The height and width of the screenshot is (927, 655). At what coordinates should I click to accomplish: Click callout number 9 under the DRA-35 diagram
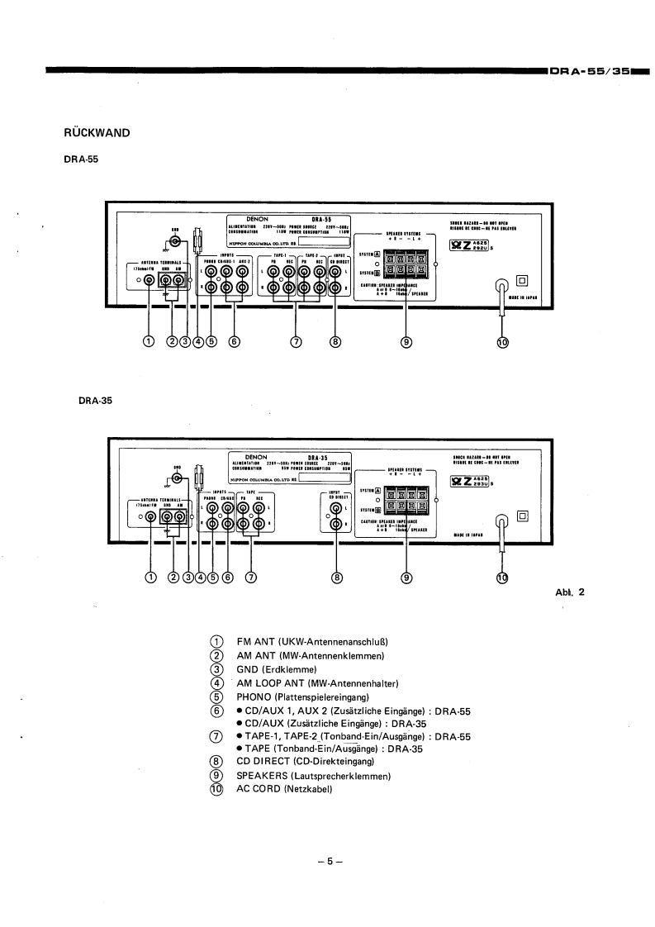(406, 578)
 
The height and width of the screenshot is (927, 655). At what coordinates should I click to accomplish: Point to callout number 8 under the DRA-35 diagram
(336, 578)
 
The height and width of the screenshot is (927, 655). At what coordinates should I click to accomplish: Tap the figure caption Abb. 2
(570, 592)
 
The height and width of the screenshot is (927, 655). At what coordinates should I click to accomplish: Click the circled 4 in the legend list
(217, 683)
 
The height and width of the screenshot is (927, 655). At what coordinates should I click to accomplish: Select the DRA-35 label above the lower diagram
(95, 400)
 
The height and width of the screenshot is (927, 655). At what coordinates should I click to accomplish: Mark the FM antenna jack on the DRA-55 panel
(149, 280)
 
